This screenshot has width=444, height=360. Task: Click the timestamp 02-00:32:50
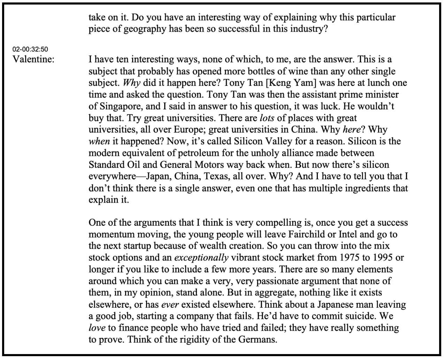coord(30,48)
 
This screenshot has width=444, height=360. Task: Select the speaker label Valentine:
coord(33,59)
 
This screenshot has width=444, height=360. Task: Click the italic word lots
coord(267,118)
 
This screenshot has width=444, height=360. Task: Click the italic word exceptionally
coord(201,257)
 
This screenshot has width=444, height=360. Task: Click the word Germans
coord(258,339)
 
